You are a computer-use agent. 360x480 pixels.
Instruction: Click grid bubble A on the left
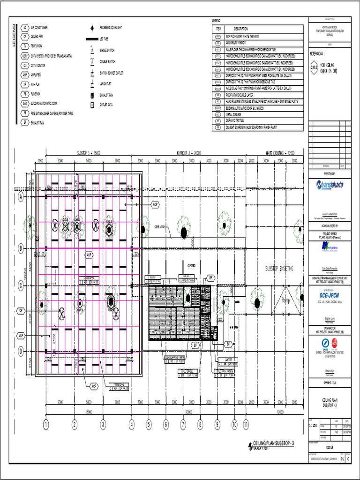tap(21, 197)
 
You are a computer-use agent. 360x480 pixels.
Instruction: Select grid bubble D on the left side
tap(21, 351)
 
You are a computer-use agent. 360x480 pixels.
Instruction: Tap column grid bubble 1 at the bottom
tap(46, 425)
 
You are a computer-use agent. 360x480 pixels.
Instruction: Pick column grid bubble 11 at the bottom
tap(246, 425)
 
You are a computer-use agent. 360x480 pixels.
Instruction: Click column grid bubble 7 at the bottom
tap(183, 425)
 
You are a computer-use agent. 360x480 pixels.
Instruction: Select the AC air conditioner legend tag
tap(24, 28)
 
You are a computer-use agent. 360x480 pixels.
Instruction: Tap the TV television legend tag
tap(24, 46)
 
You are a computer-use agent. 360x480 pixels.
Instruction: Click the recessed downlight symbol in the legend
tap(93, 28)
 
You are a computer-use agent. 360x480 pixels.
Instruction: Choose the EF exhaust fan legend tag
tap(24, 122)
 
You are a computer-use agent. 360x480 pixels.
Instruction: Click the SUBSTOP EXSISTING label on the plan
tap(279, 269)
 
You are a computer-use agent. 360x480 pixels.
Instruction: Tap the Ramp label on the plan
tap(287, 301)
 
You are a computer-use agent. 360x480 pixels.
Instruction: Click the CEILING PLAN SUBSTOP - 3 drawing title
tap(273, 443)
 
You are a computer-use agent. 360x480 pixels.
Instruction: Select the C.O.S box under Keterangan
tap(314, 67)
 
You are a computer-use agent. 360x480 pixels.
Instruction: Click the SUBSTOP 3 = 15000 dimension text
tap(89, 153)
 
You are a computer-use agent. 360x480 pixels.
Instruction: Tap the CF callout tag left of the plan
tap(21, 310)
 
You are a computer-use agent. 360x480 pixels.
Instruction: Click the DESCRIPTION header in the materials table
tap(244, 29)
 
